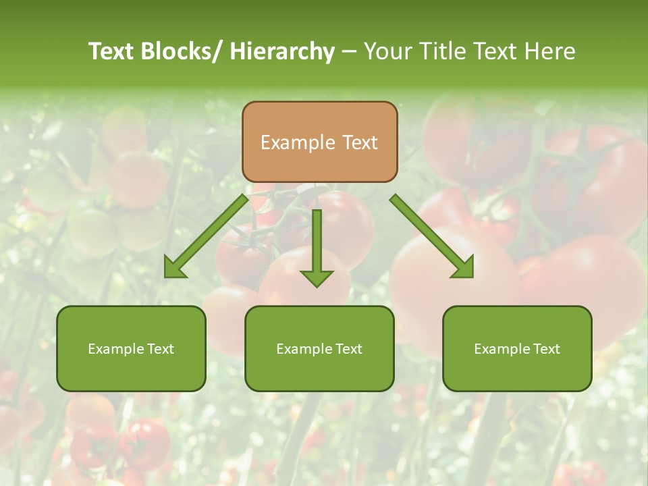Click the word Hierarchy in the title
pos(282,51)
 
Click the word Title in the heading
pos(443,51)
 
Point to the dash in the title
pos(348,51)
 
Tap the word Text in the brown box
pos(360,142)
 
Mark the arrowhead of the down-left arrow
pos(175,269)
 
